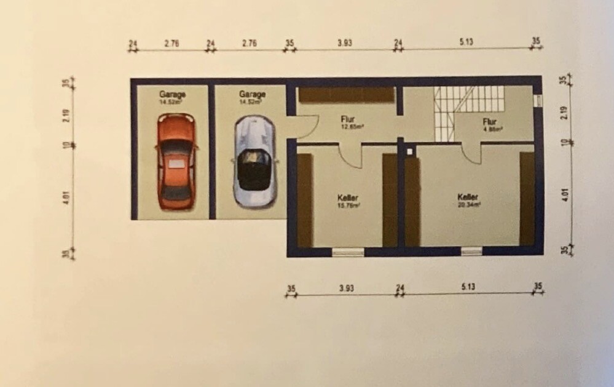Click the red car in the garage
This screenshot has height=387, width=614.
coord(176,162)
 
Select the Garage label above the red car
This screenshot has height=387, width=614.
coord(173,95)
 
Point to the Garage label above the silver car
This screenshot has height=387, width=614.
coord(252,95)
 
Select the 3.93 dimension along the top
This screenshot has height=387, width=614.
coord(344,43)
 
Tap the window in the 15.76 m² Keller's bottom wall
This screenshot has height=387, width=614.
coord(348,252)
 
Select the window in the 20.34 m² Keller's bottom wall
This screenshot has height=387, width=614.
coord(471,251)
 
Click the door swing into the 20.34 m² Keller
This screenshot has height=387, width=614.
coord(472,153)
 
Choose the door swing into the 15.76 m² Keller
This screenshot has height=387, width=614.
coord(352,156)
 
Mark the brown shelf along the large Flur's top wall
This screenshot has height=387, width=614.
coord(345,95)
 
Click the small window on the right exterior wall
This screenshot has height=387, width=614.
coord(538,101)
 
